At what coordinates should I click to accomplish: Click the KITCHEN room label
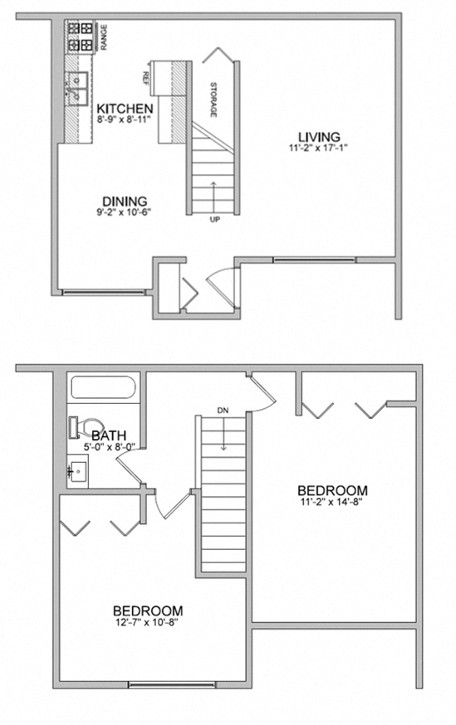(125, 109)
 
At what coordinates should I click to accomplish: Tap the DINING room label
(125, 200)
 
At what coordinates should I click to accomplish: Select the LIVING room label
(320, 136)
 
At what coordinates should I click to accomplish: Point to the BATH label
(109, 435)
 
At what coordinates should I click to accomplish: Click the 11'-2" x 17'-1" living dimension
(320, 148)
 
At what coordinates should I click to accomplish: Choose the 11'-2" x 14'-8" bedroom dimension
(331, 501)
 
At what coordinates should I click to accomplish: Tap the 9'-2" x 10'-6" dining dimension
(125, 212)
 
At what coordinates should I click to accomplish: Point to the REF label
(145, 78)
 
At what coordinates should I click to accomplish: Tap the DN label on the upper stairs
(222, 410)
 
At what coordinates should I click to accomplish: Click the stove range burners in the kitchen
(81, 36)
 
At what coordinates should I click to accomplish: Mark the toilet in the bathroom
(81, 426)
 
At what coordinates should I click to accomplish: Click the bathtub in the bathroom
(103, 388)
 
